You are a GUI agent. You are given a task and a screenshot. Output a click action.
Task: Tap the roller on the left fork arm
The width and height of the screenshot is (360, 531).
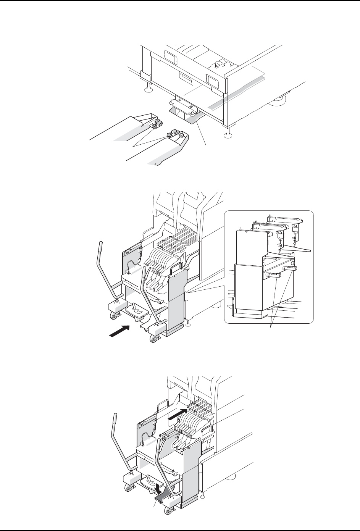[156, 124]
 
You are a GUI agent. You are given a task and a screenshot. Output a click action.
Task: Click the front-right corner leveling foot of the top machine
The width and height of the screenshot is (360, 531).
[228, 133]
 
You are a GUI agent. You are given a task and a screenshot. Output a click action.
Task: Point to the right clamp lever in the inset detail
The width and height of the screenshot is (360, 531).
[289, 268]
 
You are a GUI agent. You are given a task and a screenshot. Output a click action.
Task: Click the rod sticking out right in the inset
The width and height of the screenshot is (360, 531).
[300, 250]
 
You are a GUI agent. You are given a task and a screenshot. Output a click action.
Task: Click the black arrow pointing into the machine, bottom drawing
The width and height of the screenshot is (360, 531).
[179, 414]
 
